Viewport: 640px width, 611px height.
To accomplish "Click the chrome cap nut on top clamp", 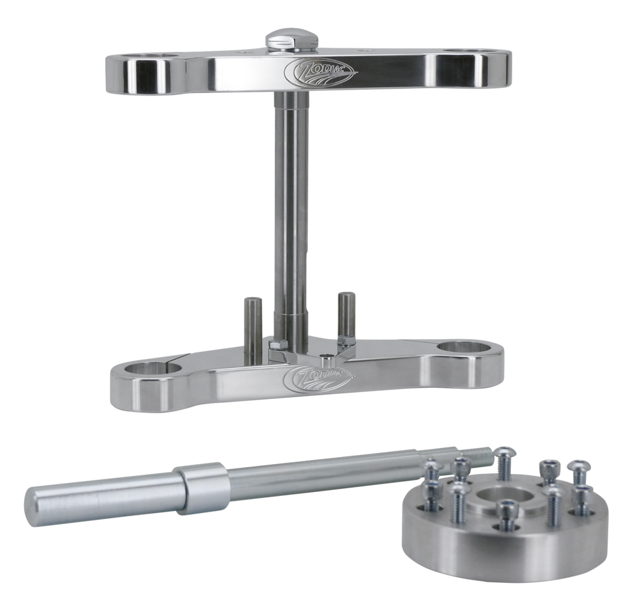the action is [291, 41].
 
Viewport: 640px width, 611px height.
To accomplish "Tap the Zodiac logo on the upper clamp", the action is [320, 72].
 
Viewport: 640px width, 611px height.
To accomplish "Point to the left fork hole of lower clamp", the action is [153, 367].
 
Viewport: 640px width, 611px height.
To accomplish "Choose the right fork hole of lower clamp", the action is [464, 348].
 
